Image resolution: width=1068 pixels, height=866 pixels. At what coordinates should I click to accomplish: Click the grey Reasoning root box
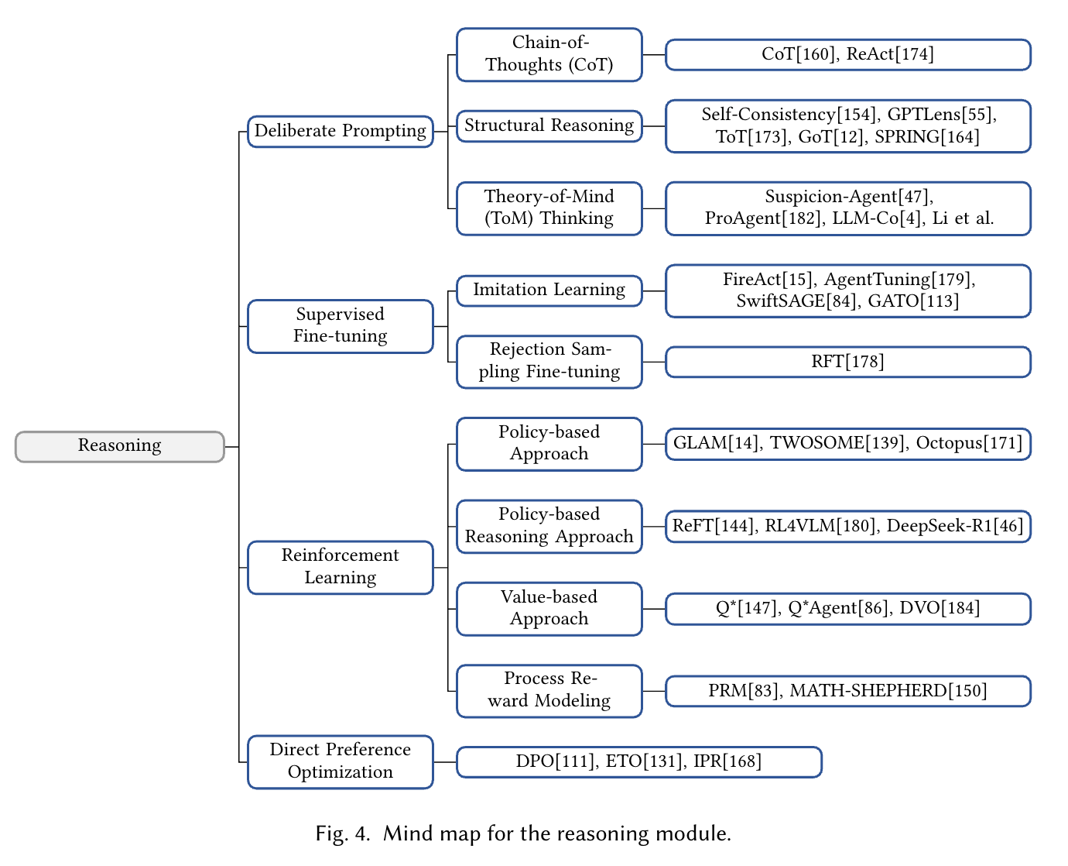(x=120, y=446)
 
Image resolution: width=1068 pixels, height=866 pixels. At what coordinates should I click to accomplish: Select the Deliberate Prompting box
(x=340, y=131)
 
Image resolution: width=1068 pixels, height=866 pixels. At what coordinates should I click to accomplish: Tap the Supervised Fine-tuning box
(x=340, y=325)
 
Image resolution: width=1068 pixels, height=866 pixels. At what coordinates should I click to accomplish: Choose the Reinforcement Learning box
(x=340, y=567)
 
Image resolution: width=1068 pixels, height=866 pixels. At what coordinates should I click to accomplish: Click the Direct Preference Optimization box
(x=340, y=761)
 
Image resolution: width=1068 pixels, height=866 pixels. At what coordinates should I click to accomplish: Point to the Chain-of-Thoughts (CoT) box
(x=549, y=54)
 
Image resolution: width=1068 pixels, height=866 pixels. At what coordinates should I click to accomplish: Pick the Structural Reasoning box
(x=549, y=125)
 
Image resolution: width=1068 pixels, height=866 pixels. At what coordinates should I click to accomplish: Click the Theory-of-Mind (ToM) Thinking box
(x=549, y=208)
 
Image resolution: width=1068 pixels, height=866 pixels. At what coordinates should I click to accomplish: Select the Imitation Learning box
(x=549, y=290)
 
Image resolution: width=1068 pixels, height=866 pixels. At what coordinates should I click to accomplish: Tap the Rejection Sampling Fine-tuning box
(x=549, y=361)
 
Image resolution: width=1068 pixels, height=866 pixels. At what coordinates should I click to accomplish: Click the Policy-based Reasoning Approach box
(x=549, y=526)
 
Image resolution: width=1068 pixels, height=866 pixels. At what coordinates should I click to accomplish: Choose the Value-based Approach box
(x=549, y=608)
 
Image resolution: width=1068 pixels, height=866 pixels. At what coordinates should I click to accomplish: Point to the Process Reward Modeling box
(x=549, y=690)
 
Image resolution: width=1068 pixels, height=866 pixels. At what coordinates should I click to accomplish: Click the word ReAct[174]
(x=890, y=54)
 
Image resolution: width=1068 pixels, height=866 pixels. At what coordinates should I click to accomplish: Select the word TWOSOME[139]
(x=838, y=443)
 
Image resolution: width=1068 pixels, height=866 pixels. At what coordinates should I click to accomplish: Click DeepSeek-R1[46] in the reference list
(x=955, y=526)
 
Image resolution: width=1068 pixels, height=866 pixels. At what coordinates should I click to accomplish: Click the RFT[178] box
(x=847, y=362)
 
